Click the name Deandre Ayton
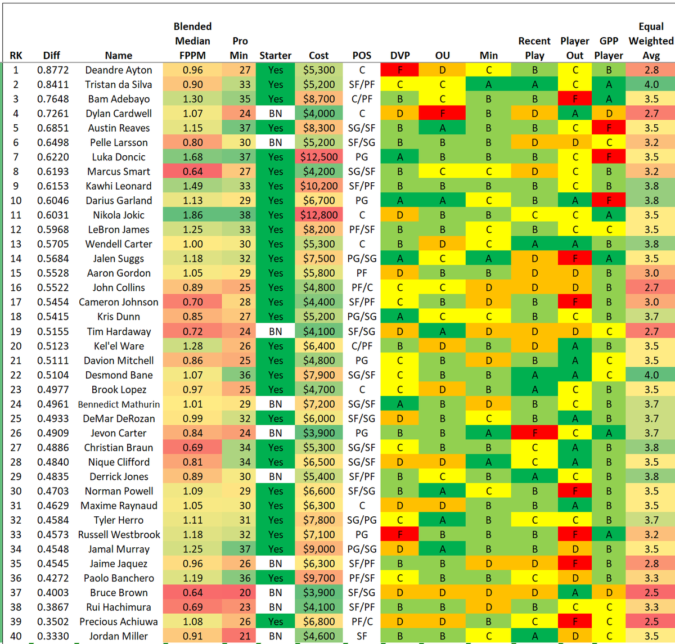coord(119,70)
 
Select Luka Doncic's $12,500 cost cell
coord(319,157)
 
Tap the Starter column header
coord(276,55)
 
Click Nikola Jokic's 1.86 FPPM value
coord(192,215)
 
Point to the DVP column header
coord(400,55)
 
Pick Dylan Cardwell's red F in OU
coord(442,113)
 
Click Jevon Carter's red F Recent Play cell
coord(534,433)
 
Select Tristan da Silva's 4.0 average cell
coord(651,84)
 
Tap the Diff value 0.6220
coord(53,157)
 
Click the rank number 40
coord(16,636)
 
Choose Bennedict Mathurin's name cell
coord(119,404)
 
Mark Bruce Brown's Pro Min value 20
coord(245,592)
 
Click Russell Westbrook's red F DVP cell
coord(399,534)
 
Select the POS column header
coord(362,55)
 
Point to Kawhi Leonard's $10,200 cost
coord(319,186)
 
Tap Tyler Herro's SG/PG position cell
coord(362,520)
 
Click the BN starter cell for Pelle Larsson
coord(276,142)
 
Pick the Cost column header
coord(319,55)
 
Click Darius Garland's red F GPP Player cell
coord(609,200)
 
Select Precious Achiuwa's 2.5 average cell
coord(651,622)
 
